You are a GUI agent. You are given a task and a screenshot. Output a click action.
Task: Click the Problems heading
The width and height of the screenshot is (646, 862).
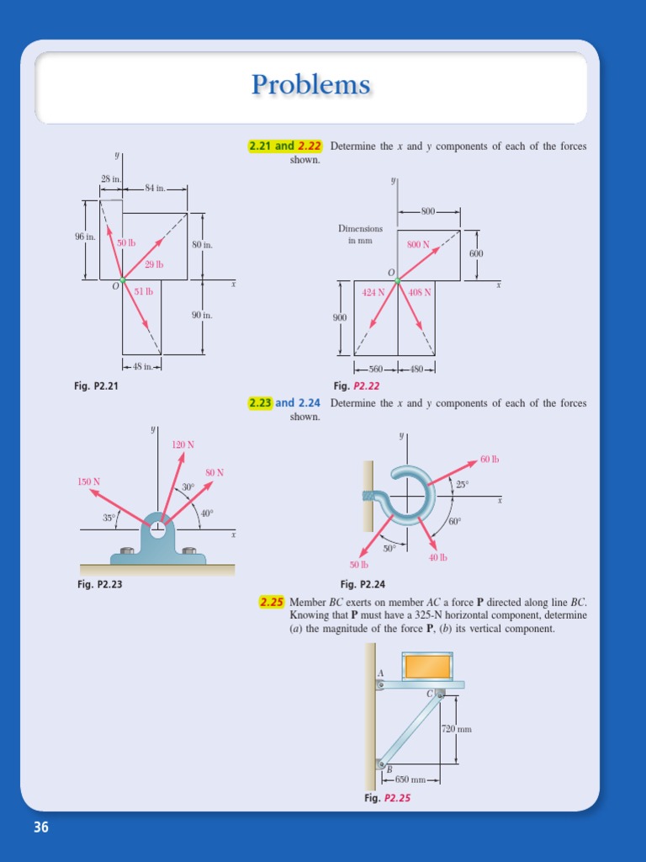[310, 85]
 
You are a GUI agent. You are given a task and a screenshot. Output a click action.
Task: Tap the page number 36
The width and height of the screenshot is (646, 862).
[41, 827]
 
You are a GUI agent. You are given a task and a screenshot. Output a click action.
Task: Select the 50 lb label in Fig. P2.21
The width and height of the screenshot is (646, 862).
[126, 243]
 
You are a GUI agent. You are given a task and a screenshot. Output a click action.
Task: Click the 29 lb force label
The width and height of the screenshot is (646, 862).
[154, 264]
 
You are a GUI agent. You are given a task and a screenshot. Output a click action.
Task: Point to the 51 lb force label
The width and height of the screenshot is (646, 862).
[144, 292]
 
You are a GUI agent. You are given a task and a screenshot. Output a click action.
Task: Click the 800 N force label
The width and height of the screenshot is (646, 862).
[418, 245]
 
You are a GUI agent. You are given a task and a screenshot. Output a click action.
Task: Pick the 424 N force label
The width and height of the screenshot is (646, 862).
[373, 293]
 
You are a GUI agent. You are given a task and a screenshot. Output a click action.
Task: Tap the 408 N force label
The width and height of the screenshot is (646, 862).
[420, 293]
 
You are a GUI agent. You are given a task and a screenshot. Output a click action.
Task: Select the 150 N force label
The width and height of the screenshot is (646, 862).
[89, 482]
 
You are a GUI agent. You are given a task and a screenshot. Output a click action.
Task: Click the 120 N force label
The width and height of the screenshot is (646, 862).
[183, 444]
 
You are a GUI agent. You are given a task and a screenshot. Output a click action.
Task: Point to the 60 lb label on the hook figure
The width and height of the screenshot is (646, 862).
[490, 460]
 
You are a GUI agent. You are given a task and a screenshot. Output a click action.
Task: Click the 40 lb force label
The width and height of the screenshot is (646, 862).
[437, 557]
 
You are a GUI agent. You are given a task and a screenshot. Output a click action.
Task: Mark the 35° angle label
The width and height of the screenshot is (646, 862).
[109, 519]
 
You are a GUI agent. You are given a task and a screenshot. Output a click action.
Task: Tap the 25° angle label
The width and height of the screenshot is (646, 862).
[462, 485]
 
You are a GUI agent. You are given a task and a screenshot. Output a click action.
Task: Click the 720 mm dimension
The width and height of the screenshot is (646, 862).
[457, 729]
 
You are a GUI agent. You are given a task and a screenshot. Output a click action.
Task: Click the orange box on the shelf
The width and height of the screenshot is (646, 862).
[428, 666]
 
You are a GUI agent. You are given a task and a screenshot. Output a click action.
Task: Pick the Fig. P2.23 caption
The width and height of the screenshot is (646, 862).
[98, 584]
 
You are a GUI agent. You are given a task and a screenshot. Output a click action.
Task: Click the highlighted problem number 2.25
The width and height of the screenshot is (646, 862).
[271, 602]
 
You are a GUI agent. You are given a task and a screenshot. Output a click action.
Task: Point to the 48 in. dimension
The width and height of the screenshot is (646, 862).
[141, 366]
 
